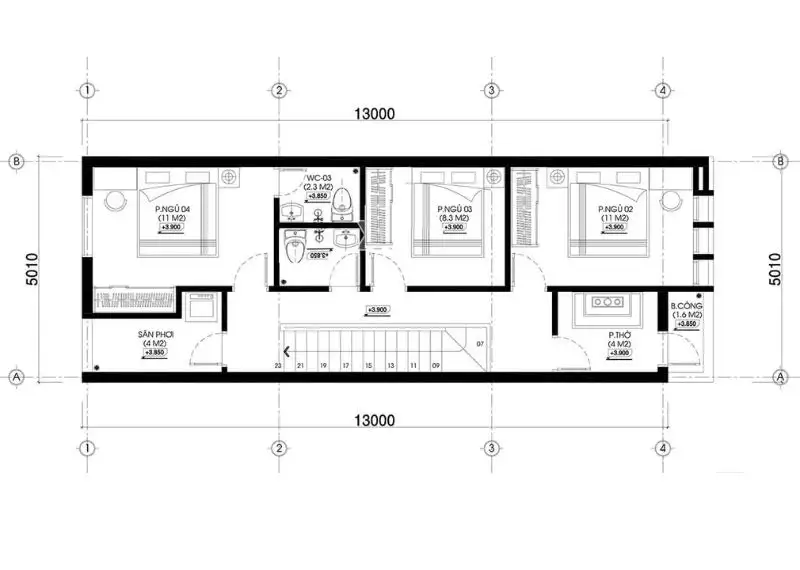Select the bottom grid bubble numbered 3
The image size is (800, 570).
(491, 447)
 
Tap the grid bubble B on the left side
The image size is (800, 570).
(16, 160)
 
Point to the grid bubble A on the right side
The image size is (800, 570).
(779, 377)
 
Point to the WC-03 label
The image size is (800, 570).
(316, 176)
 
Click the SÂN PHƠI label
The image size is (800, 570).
(154, 336)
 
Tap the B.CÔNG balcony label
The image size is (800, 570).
(686, 306)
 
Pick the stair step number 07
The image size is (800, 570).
(480, 345)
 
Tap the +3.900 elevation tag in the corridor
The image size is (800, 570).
(377, 310)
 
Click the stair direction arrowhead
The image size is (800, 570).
(288, 351)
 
